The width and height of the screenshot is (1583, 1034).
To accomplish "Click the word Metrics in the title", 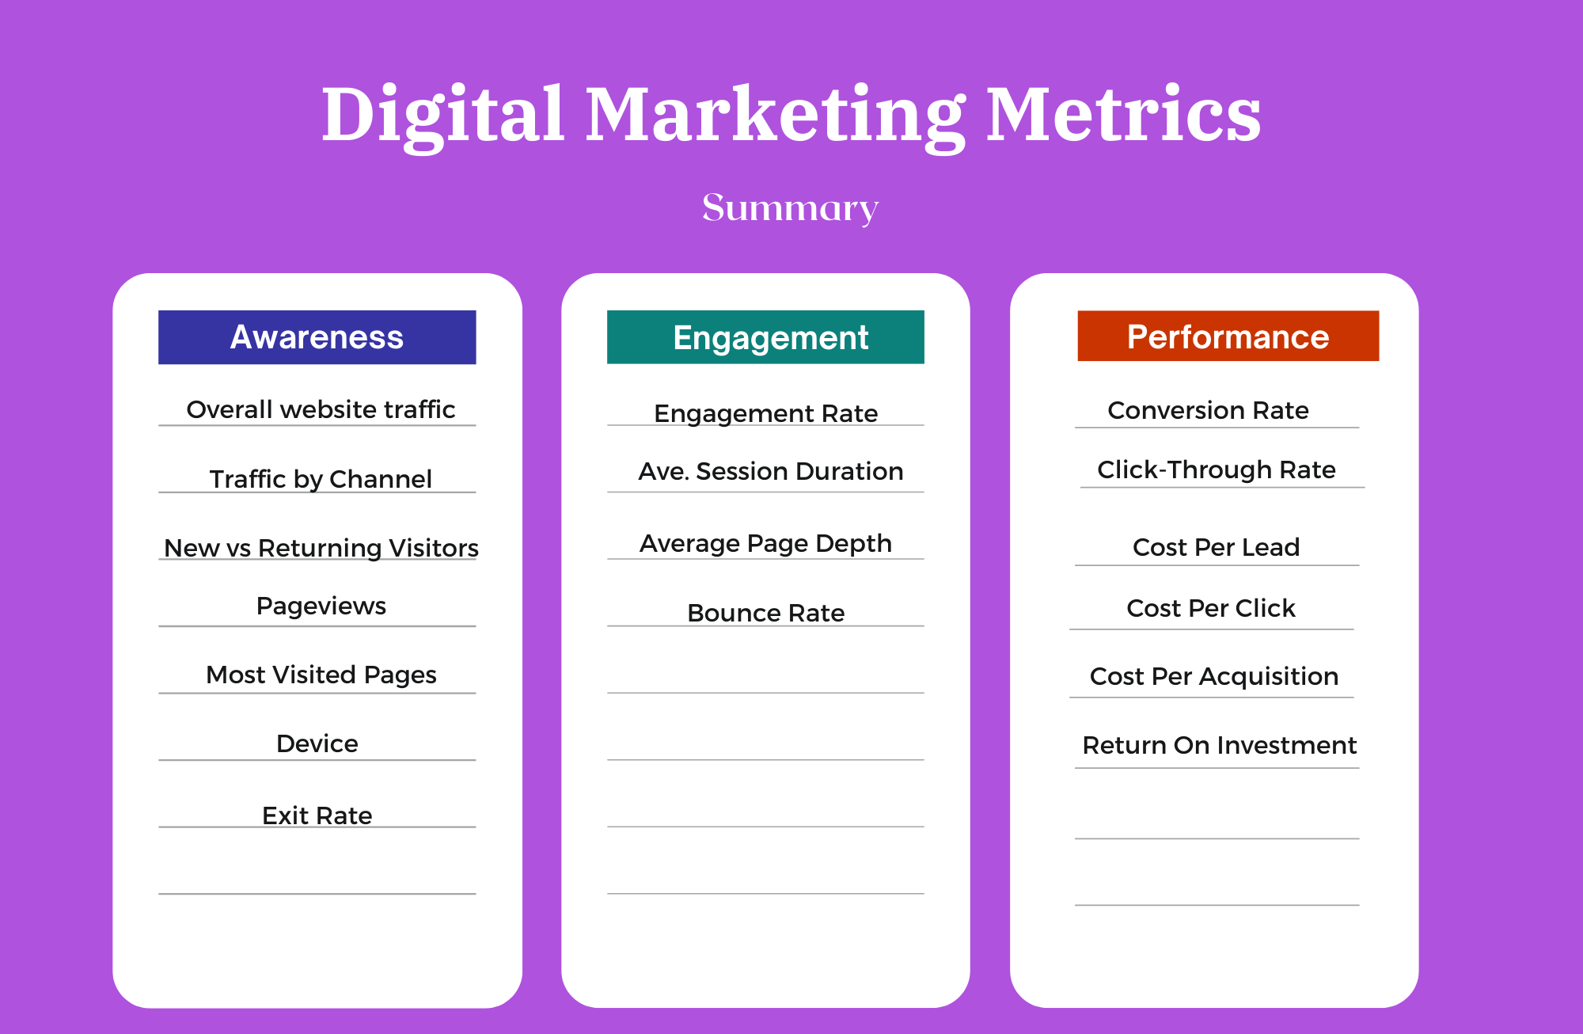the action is pyautogui.click(x=1123, y=114).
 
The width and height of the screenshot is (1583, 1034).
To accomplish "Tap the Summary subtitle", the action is pyautogui.click(x=790, y=208).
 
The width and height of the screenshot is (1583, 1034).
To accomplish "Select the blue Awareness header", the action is pyautogui.click(x=317, y=337).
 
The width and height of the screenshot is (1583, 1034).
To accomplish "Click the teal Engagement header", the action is pyautogui.click(x=765, y=337).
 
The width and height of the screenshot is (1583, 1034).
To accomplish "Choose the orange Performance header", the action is pyautogui.click(x=1228, y=336).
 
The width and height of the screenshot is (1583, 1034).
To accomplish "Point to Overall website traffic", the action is pyautogui.click(x=321, y=409).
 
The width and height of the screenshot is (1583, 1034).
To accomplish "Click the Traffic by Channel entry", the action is pyautogui.click(x=321, y=479).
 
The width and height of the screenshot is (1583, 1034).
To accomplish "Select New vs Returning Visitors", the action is pyautogui.click(x=321, y=548).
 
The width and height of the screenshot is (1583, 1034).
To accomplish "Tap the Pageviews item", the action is pyautogui.click(x=321, y=606).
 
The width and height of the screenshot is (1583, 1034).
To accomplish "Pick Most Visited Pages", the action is pyautogui.click(x=321, y=675).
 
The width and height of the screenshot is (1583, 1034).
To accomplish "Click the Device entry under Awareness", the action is pyautogui.click(x=317, y=743).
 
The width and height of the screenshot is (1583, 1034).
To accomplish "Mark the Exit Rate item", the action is pyautogui.click(x=317, y=815).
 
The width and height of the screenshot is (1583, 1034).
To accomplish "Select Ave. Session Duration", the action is pyautogui.click(x=771, y=471).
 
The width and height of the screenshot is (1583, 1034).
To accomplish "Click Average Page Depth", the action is pyautogui.click(x=765, y=543).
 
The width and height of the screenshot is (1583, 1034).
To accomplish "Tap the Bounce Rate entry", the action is pyautogui.click(x=765, y=613).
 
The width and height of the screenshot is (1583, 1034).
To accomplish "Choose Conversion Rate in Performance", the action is pyautogui.click(x=1208, y=410).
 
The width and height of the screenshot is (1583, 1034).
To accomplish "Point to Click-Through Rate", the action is pyautogui.click(x=1216, y=469).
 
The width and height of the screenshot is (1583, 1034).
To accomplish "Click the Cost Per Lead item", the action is pyautogui.click(x=1216, y=547).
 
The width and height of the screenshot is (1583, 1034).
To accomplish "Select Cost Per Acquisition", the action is pyautogui.click(x=1213, y=676).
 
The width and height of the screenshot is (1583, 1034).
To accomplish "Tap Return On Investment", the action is pyautogui.click(x=1219, y=745).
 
